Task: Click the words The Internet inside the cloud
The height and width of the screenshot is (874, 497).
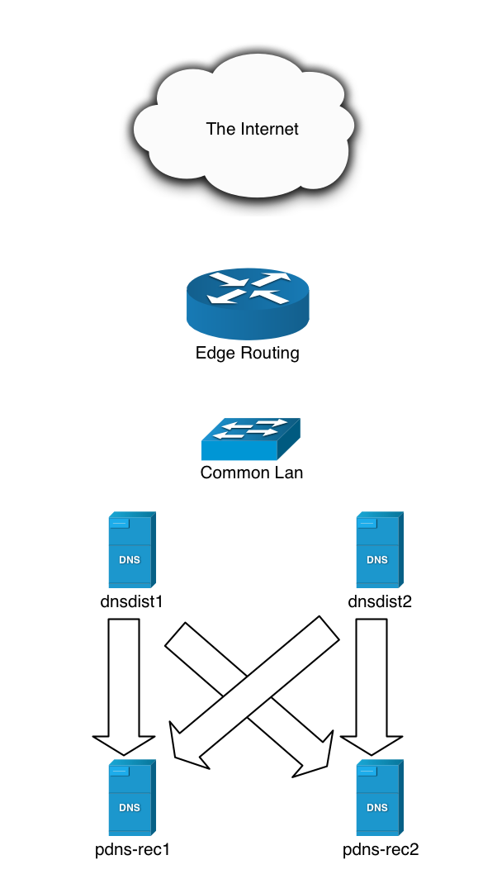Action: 252,129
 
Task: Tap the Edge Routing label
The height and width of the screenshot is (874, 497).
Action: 247,354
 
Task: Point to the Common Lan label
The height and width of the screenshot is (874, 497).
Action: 251,473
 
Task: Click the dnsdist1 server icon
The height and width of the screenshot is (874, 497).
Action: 131,549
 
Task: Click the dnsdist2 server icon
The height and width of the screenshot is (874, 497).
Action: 379,549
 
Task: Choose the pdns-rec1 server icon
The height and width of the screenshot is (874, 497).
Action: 131,798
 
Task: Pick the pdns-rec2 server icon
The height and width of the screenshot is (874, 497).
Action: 379,798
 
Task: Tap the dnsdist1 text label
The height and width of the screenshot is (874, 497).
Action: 130,601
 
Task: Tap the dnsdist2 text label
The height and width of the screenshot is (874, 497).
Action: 380,601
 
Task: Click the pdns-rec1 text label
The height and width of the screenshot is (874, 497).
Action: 132,849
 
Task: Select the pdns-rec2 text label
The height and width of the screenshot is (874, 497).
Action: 381,849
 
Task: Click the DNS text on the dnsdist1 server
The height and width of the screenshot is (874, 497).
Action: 130,559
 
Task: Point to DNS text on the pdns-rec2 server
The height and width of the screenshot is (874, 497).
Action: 377,808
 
